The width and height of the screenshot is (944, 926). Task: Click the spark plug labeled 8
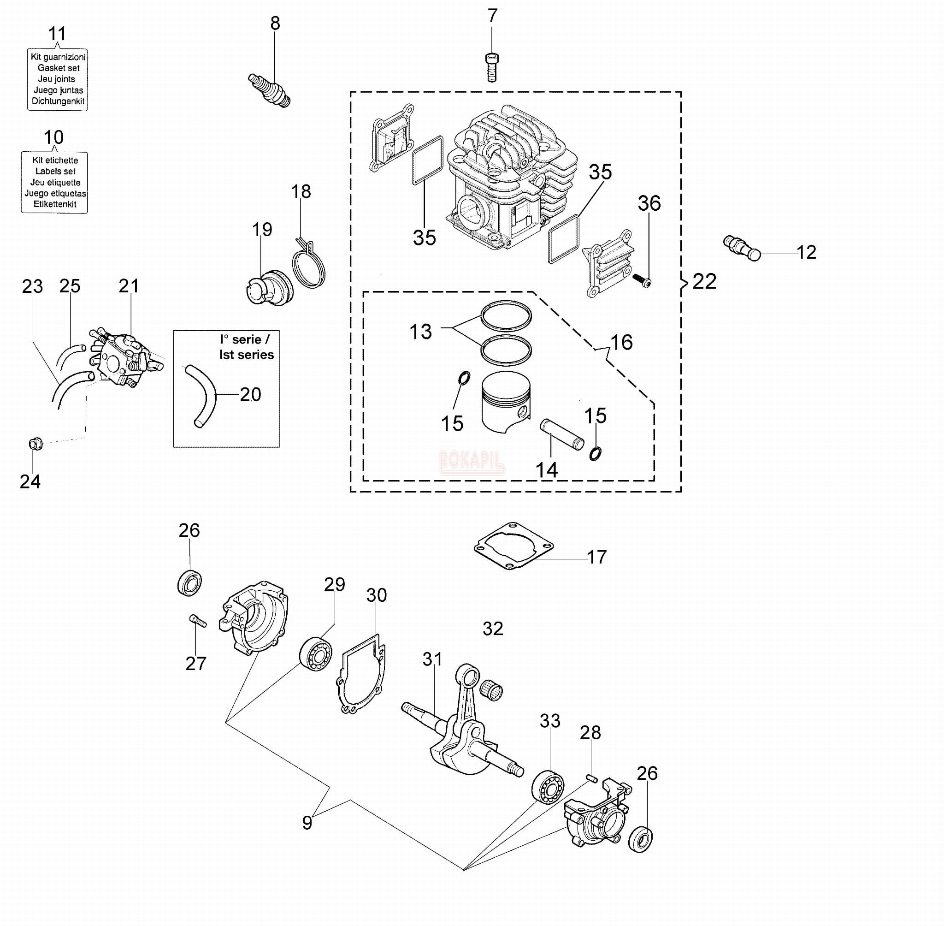(269, 90)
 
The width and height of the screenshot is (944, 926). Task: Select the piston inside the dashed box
(506, 402)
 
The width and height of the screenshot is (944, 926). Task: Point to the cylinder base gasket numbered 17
(514, 546)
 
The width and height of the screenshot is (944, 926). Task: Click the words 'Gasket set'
(59, 68)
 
